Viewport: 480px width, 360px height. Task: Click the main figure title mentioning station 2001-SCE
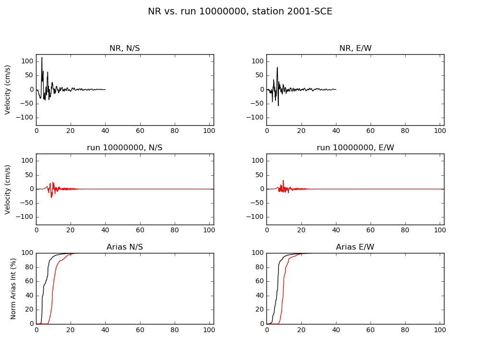pos(240,12)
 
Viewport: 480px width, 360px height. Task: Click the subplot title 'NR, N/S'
pos(125,48)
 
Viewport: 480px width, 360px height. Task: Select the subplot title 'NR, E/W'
pos(355,48)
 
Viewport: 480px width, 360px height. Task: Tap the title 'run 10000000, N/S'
pos(125,147)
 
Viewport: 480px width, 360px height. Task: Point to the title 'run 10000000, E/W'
pos(355,147)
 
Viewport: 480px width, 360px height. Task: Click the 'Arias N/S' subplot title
pos(125,247)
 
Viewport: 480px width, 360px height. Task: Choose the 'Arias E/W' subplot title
pos(355,247)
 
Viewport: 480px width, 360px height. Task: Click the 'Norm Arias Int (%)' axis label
pos(13,288)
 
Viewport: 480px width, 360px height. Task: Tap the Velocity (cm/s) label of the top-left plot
pos(8,90)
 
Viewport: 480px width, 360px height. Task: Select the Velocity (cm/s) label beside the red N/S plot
pos(8,189)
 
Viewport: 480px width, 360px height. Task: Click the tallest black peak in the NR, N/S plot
pos(42,58)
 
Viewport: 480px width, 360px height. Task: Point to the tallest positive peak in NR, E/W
pos(277,67)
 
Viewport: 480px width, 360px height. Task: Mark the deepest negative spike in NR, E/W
pos(278,105)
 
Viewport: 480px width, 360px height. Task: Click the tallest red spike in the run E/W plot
pos(283,180)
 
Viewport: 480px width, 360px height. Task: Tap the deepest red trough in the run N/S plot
pos(51,197)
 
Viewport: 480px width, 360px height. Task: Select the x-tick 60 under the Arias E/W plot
pos(371,330)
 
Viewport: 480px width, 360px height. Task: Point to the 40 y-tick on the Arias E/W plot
pos(259,296)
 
